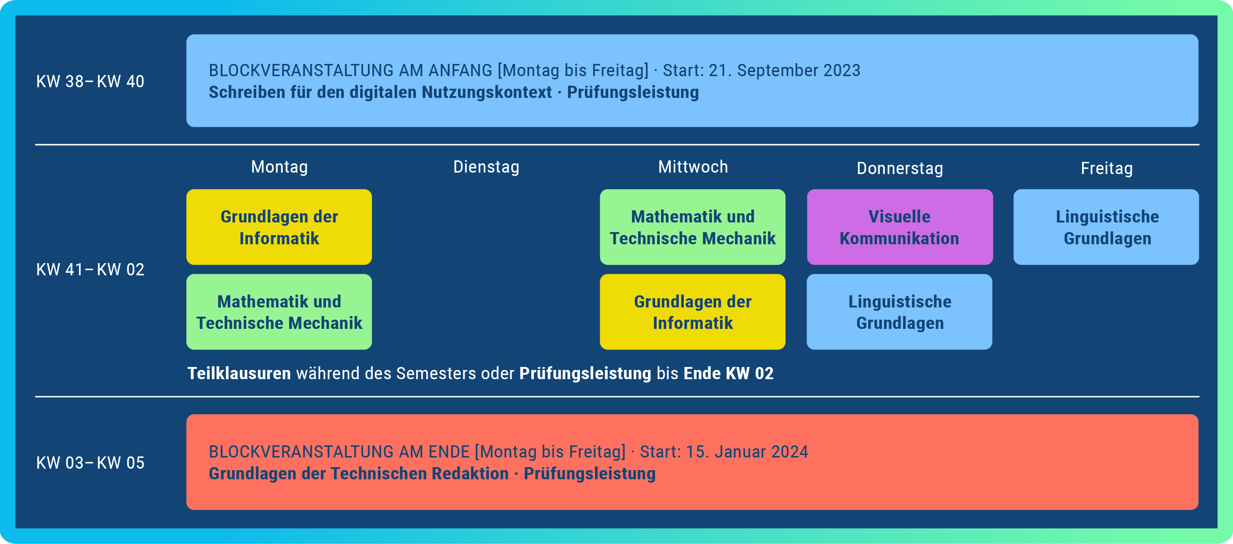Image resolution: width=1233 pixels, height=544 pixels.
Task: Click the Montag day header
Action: point(280,167)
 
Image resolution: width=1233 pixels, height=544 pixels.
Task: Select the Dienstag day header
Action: point(486,167)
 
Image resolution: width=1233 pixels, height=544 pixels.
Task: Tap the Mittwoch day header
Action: point(693,167)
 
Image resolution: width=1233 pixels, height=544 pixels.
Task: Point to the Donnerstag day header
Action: point(900,169)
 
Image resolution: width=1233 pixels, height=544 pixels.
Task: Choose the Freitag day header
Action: point(1107,169)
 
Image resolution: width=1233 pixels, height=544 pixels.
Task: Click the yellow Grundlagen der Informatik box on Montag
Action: point(279,227)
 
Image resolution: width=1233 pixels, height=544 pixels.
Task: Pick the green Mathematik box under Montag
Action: point(279,312)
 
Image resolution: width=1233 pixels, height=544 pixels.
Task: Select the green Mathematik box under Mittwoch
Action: point(693,227)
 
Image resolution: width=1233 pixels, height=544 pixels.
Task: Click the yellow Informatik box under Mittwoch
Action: point(693,312)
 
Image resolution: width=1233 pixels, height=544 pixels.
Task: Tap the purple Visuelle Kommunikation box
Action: point(900,227)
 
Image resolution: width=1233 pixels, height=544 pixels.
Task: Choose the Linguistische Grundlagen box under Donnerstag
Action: point(899,312)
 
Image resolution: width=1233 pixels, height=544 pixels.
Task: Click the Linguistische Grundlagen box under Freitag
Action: point(1106,227)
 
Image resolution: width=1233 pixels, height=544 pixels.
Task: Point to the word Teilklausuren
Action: point(239,373)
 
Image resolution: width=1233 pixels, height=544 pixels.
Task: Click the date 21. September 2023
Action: point(784,70)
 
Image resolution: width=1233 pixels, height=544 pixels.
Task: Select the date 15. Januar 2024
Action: point(747,452)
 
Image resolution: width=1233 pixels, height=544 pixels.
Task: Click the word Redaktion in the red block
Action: point(470,474)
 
